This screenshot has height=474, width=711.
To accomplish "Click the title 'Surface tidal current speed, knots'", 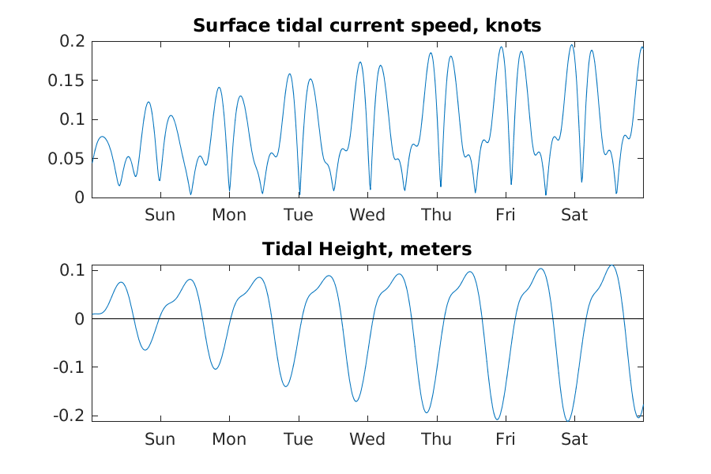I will (367, 25).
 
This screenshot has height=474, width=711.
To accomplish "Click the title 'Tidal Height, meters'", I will (367, 250).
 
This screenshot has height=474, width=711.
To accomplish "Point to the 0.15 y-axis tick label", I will (68, 81).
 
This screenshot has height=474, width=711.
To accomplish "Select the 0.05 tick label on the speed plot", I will (68, 159).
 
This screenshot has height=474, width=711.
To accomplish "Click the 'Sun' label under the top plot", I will (160, 215).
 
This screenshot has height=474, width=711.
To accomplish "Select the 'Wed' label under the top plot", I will (367, 215).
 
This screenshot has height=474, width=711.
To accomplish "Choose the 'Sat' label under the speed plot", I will (574, 215).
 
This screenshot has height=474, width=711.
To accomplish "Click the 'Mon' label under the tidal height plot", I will (229, 439).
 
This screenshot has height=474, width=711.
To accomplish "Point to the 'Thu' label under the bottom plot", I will (436, 439).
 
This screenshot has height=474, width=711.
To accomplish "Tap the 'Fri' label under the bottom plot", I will (506, 439).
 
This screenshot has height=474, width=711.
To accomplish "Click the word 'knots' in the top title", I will (516, 25).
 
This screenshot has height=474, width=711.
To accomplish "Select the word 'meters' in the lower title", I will (436, 250).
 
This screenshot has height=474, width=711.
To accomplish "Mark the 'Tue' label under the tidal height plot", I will (298, 439).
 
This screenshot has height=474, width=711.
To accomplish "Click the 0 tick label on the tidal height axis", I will (79, 319).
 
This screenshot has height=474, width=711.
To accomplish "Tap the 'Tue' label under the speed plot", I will (298, 215).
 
